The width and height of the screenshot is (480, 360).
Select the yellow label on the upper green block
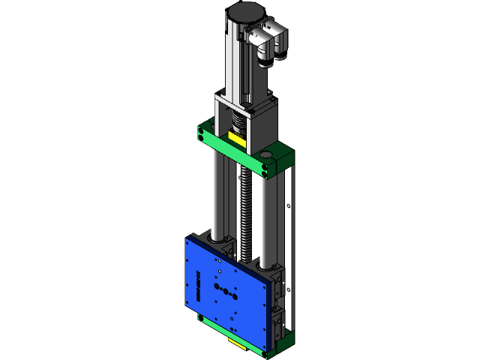(236, 140)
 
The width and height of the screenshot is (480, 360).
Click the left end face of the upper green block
(202, 133)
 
